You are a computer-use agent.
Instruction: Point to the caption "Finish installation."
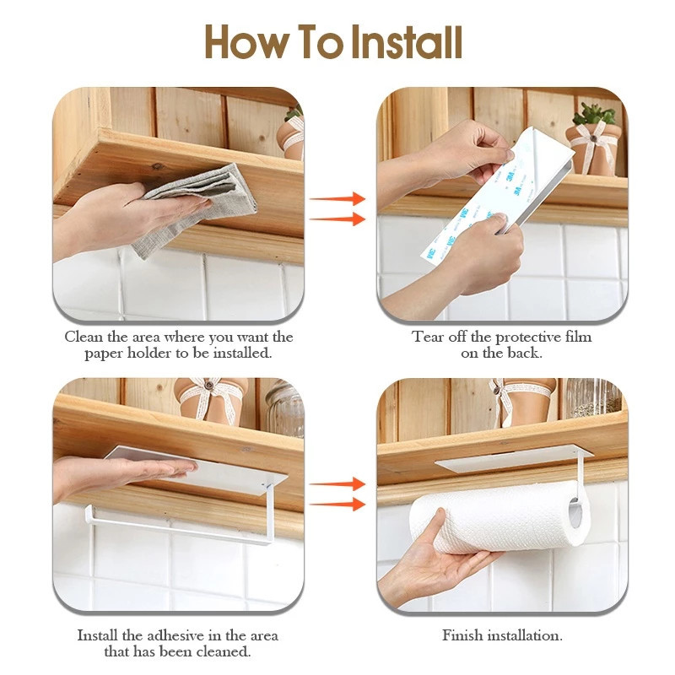[x=502, y=635]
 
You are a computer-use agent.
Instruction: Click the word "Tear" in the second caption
[x=428, y=337]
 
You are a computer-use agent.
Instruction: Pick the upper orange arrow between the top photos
[x=337, y=199]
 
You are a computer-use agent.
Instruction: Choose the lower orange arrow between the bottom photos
[x=337, y=505]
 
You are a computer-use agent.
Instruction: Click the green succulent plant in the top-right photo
[x=595, y=114]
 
